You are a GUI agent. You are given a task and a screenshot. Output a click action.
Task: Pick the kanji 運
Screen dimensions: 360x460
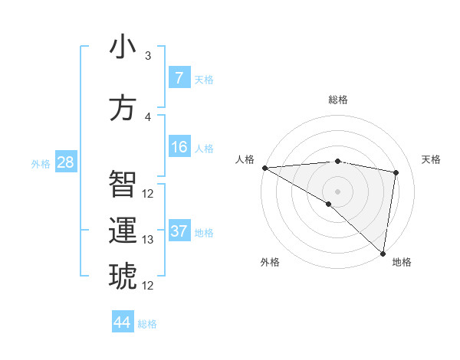pos(123,231)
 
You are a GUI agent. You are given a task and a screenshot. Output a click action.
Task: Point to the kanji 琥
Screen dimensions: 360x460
pos(123,276)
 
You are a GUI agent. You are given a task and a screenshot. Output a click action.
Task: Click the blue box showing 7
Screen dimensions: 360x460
pos(179,78)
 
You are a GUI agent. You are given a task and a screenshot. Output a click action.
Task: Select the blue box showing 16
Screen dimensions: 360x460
pos(179,147)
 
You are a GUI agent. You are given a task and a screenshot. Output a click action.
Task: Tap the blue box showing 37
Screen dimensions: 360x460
pos(179,231)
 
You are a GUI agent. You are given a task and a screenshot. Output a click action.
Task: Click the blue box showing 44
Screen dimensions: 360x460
pos(122,322)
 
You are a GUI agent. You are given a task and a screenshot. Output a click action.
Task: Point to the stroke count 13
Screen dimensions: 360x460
pos(148,240)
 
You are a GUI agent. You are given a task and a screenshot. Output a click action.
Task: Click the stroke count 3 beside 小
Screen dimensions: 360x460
pos(148,56)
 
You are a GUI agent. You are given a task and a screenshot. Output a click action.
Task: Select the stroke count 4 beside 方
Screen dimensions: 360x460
pos(148,116)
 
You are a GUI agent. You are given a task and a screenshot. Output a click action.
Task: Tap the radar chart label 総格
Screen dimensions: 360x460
pos(337,100)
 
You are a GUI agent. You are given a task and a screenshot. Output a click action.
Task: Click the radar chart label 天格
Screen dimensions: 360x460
pos(431,159)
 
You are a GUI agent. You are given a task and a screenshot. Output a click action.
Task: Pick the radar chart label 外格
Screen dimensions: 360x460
pos(270,262)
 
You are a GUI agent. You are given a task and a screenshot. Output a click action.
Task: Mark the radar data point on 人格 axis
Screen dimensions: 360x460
pos(264,167)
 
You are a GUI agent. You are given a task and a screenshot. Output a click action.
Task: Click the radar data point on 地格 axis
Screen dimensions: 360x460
pos(383,253)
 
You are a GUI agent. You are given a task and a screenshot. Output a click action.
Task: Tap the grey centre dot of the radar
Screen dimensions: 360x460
pos(337,190)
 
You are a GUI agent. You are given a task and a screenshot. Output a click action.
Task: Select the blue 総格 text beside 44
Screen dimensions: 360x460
pos(147,324)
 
